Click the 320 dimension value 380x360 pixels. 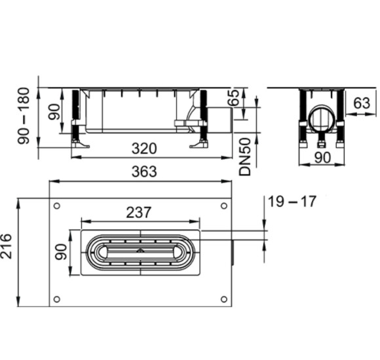144,149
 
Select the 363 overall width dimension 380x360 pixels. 144,171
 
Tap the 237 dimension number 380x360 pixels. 139,212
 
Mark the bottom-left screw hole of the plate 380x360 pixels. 58,299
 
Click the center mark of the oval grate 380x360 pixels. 140,251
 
